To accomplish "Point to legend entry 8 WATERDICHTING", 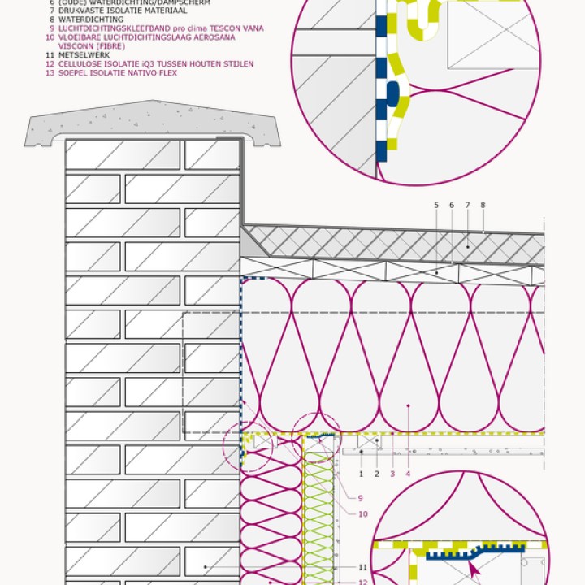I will (91, 19).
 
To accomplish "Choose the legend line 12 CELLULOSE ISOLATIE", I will (154, 64).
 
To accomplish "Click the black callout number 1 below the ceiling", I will (361, 473).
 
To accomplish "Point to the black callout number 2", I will (376, 473).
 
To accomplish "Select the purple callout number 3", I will (392, 473).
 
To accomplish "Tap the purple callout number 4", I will (409, 473).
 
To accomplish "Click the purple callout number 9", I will (361, 498).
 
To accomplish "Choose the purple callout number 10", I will (362, 514).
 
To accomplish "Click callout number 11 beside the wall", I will (362, 566).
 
